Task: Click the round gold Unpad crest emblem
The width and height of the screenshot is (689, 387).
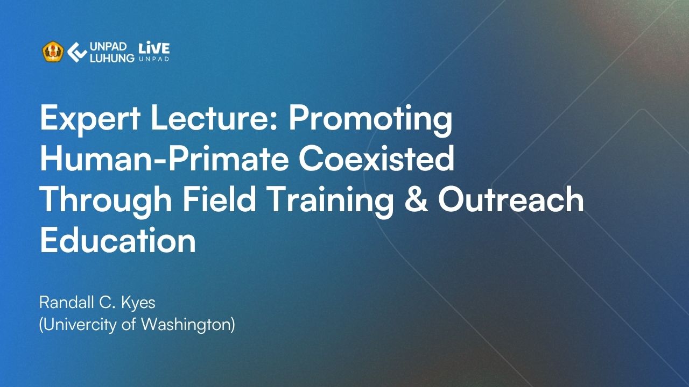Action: (53, 52)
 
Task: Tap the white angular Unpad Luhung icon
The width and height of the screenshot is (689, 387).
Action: (77, 52)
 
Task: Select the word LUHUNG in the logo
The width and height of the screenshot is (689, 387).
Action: (112, 58)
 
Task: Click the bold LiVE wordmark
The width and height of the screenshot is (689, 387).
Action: (154, 48)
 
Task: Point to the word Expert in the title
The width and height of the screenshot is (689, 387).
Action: (90, 118)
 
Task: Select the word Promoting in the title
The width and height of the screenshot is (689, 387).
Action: (371, 120)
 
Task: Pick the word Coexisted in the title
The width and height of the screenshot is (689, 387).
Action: (376, 159)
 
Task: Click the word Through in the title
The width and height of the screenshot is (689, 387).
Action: (106, 200)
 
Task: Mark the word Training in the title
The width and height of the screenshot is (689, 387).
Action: (331, 200)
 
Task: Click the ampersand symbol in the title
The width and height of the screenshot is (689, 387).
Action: (416, 199)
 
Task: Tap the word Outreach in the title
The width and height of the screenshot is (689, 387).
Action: (511, 199)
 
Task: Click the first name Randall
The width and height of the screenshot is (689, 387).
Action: (66, 302)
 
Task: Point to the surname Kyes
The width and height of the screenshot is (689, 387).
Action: (138, 303)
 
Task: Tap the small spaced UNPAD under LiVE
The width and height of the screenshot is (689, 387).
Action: (154, 59)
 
